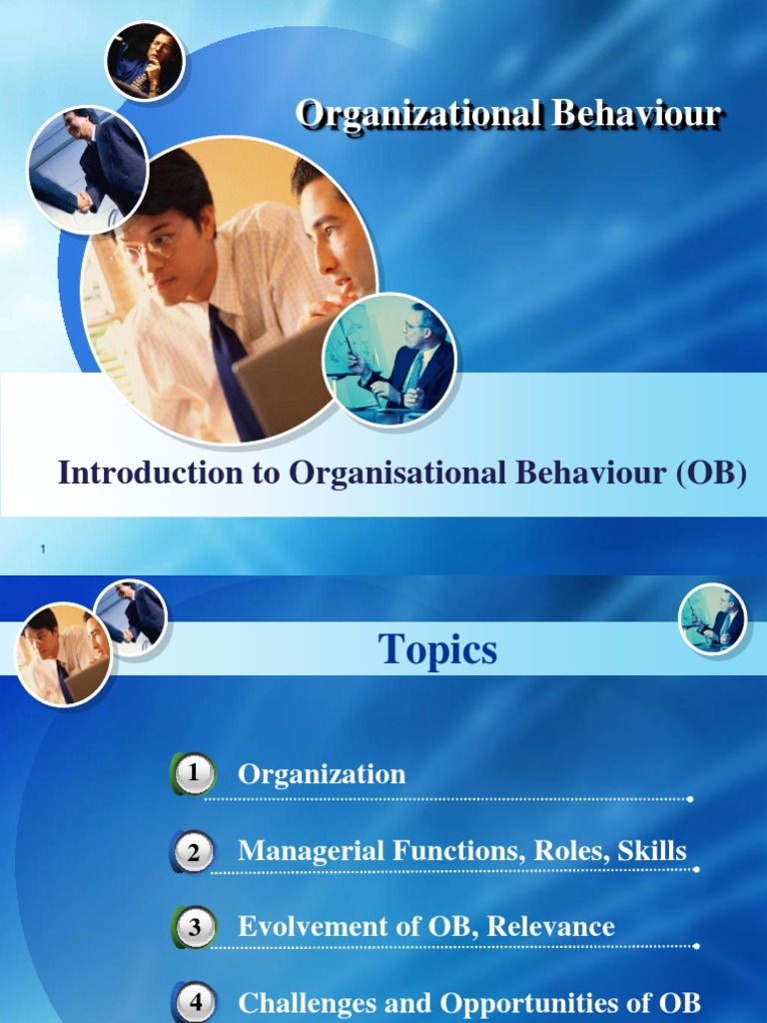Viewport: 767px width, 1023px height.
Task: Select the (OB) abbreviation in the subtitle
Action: [x=710, y=473]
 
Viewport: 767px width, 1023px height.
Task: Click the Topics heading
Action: [x=437, y=651]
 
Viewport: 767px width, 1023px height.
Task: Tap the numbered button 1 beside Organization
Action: [x=194, y=773]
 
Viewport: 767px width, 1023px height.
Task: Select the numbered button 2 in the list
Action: [x=194, y=851]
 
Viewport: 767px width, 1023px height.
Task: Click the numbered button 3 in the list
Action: [x=194, y=927]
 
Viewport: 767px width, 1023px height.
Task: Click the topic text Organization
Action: [x=322, y=773]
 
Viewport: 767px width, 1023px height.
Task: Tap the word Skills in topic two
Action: [x=652, y=851]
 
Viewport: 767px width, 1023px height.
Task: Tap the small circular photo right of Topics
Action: [x=712, y=617]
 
